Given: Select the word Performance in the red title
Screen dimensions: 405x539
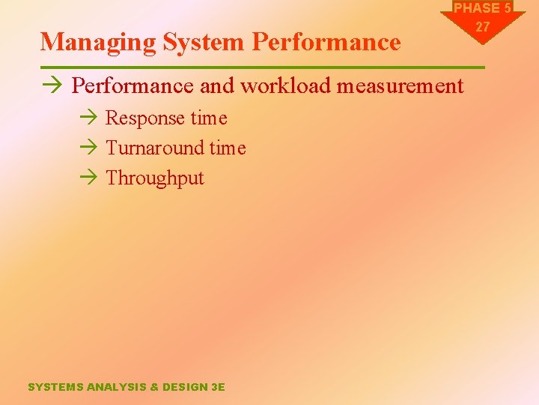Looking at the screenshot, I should (326, 42).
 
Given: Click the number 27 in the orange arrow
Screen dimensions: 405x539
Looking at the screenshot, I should (483, 26).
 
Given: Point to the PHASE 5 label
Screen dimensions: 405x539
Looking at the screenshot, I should (483, 8).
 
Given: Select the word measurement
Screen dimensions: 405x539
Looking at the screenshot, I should (401, 86).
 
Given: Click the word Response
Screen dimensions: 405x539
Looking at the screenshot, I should (145, 118).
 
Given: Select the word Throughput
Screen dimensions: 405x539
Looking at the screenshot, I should (155, 178).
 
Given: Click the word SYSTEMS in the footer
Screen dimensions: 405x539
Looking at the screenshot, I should (56, 387).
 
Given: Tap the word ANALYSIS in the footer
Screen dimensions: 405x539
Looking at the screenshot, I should (117, 387).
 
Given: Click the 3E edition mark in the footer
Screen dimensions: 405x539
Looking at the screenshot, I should (218, 387).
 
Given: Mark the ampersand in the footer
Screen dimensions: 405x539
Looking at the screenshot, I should (154, 387).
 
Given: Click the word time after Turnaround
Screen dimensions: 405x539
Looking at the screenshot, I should (227, 148).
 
